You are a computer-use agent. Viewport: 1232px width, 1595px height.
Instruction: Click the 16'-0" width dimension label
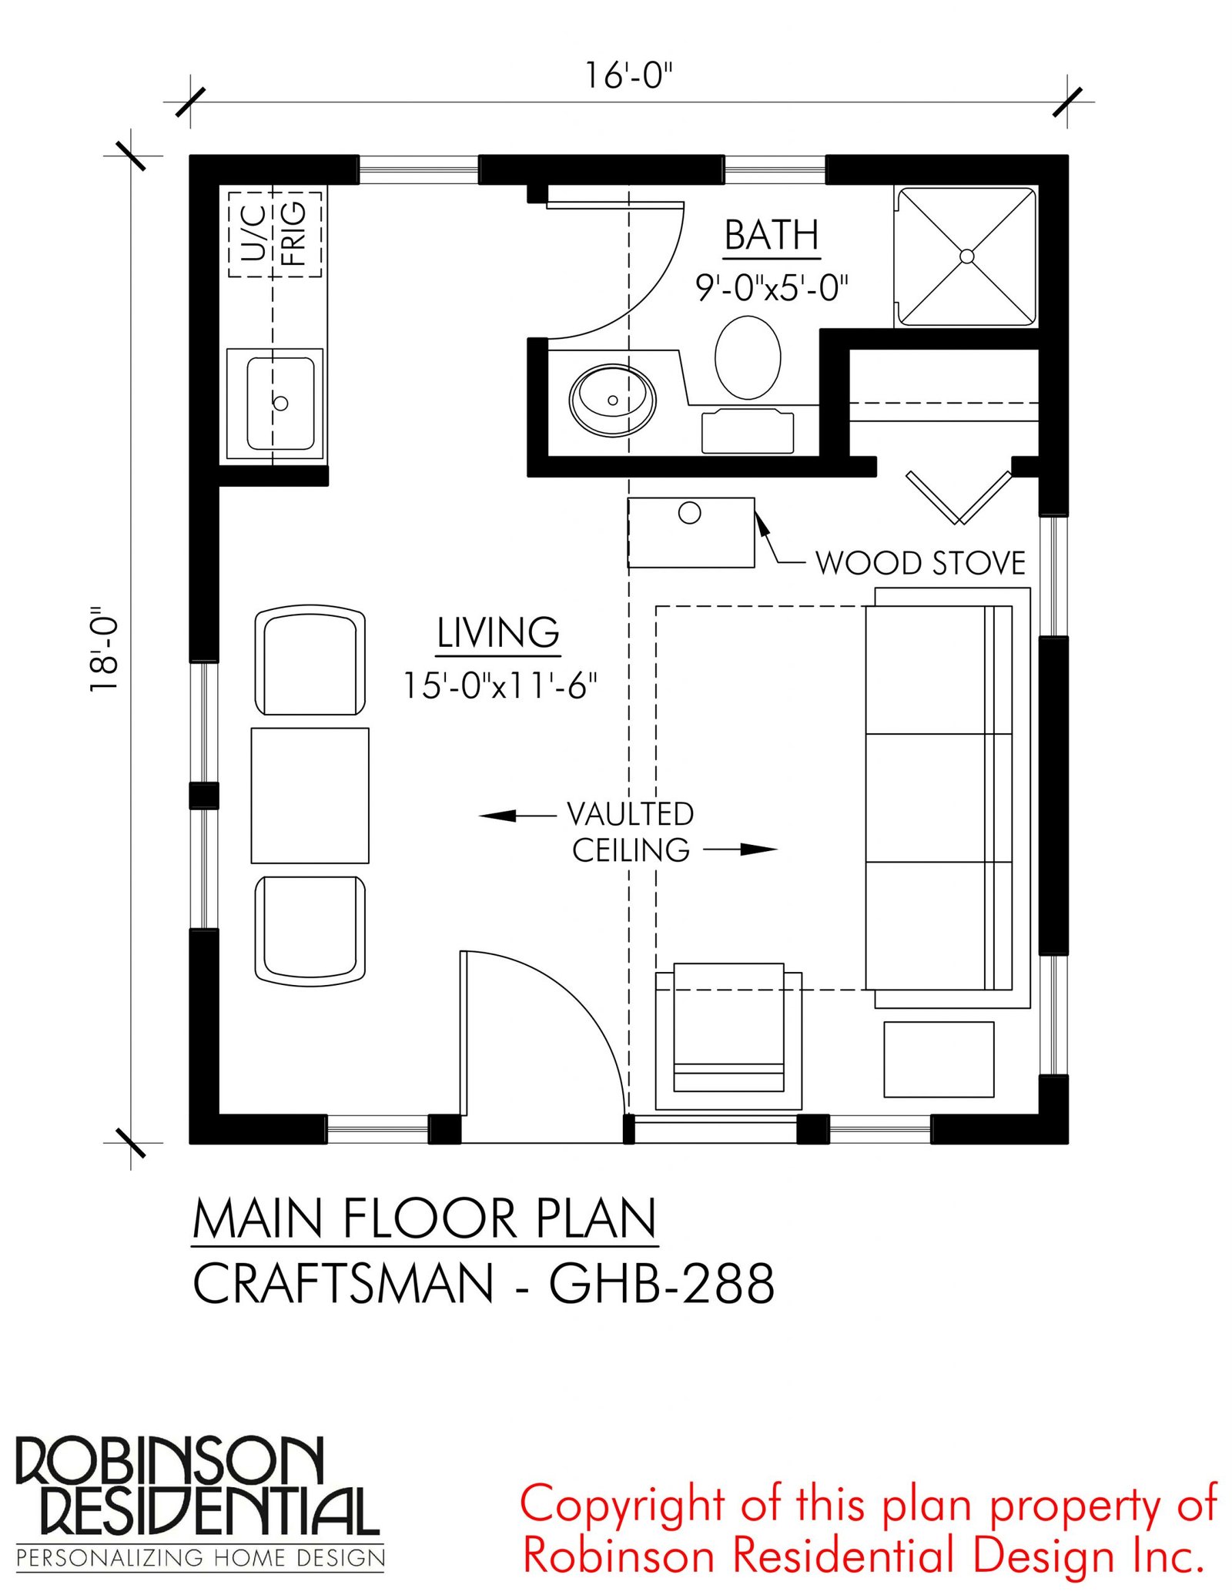(x=628, y=75)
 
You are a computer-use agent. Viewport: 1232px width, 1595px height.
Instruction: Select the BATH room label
(x=772, y=235)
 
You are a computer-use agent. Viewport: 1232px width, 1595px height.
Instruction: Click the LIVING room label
(x=498, y=633)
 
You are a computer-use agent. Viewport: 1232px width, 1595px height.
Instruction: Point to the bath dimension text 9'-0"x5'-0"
(x=772, y=287)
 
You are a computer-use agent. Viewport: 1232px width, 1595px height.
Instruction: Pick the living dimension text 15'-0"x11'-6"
(x=500, y=685)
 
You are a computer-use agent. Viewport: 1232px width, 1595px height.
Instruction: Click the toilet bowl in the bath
(x=748, y=357)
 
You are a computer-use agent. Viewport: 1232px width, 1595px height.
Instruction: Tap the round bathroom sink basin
(x=612, y=400)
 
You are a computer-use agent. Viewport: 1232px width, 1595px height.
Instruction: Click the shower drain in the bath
(x=967, y=256)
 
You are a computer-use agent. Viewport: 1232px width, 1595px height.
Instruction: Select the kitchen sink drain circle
(x=281, y=403)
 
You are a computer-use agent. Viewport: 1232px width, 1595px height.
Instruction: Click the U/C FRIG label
(x=274, y=233)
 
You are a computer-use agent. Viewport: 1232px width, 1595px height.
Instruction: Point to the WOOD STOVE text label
(x=920, y=563)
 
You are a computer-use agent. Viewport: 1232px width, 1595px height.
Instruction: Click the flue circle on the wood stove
(x=689, y=513)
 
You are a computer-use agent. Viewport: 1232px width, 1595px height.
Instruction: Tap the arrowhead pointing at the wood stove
(x=762, y=524)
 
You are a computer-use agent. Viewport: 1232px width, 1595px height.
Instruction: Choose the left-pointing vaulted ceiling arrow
(x=517, y=815)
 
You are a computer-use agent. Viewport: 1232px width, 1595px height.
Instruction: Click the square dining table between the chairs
(x=310, y=796)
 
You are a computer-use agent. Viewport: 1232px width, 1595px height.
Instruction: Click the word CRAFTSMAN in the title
(x=343, y=1284)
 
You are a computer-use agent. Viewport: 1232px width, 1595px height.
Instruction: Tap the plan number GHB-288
(x=661, y=1284)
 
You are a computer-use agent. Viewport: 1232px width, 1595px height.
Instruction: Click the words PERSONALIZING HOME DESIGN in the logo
(x=200, y=1558)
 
